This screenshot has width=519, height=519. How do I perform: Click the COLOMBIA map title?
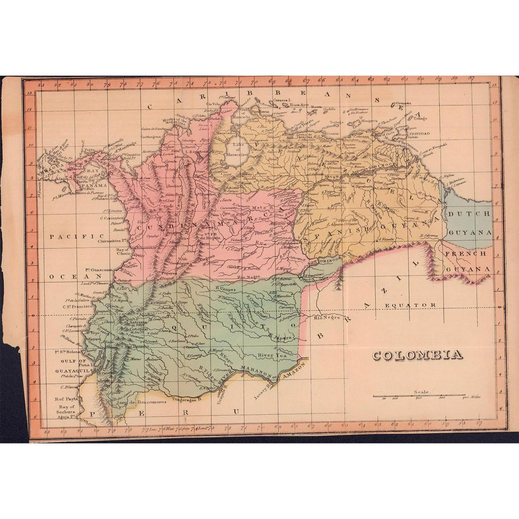(418, 355)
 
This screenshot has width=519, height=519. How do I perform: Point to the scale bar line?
(419, 395)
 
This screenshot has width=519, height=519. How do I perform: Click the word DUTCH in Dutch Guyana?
(469, 214)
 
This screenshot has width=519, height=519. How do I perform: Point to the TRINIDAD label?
(419, 134)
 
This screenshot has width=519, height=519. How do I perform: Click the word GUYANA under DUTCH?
(469, 233)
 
